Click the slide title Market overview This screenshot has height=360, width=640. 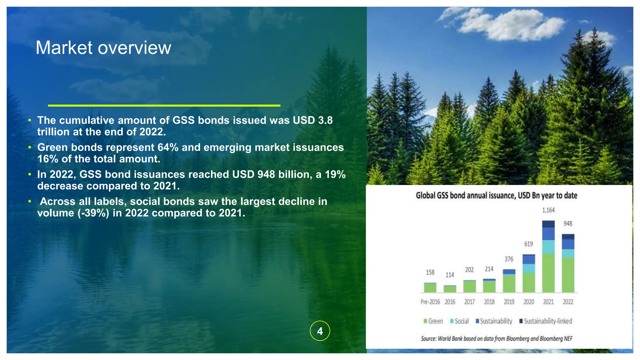[x=103, y=48]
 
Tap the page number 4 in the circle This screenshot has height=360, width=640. [x=320, y=331]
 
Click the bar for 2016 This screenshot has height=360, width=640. [x=450, y=289]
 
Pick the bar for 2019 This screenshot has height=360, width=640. [x=509, y=281]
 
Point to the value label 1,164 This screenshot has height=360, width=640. [x=548, y=210]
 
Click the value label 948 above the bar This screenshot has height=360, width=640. [x=568, y=224]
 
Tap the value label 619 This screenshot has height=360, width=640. [x=528, y=244]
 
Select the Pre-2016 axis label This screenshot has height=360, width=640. [x=430, y=302]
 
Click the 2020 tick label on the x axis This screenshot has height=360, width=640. [x=528, y=302]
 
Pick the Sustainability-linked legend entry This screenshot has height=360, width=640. [x=546, y=321]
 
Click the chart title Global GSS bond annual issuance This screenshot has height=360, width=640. [x=496, y=196]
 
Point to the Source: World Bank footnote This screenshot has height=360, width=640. [x=496, y=339]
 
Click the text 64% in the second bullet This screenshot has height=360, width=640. [x=168, y=147]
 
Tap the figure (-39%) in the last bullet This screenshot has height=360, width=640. [x=93, y=213]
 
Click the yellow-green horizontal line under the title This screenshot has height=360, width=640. [x=164, y=106]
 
